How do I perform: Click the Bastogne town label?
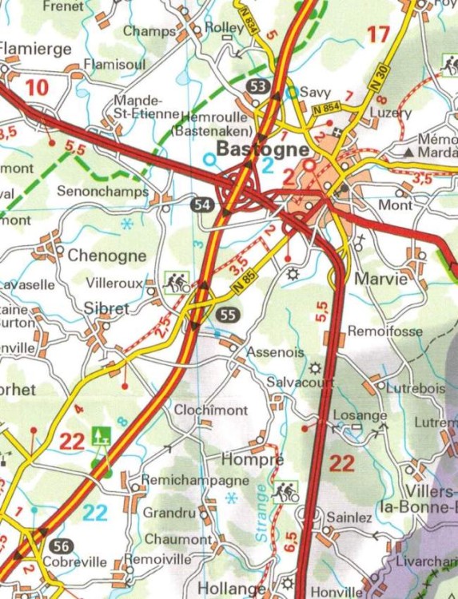(x=262, y=149)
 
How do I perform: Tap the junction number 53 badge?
(x=257, y=86)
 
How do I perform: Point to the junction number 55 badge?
(x=227, y=315)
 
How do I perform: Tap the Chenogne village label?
(x=107, y=256)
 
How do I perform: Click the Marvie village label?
(x=380, y=280)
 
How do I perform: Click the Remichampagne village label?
(x=183, y=480)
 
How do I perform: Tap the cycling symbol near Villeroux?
(x=176, y=281)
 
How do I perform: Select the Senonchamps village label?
(x=102, y=192)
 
